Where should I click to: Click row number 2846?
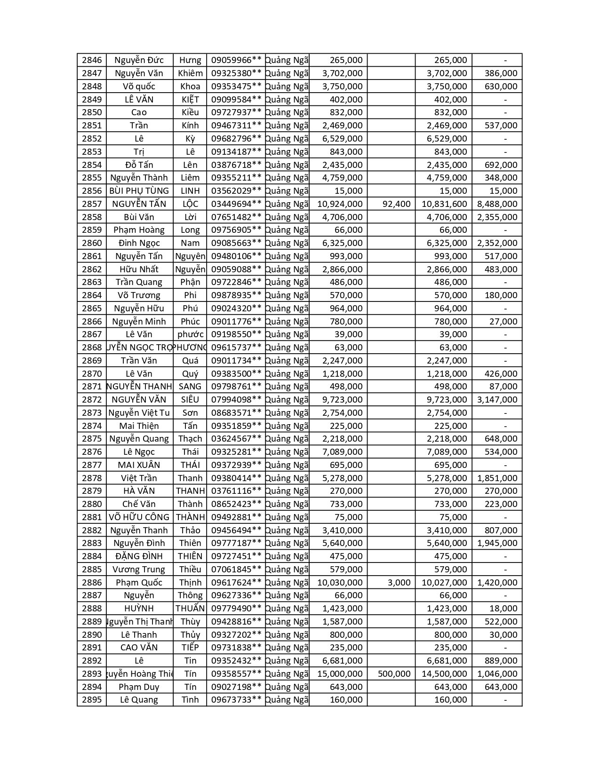(92, 60)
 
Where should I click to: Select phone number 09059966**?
(236, 60)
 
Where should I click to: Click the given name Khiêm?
(190, 73)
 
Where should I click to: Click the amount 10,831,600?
(444, 204)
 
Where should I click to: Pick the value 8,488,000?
(497, 204)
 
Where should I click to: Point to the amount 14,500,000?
(444, 674)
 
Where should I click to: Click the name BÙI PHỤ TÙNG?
(139, 191)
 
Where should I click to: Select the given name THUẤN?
(190, 609)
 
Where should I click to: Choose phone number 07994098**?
(236, 400)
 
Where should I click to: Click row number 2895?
(92, 700)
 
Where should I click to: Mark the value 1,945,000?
(497, 543)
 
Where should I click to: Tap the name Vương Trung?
(139, 570)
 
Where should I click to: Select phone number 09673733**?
(236, 700)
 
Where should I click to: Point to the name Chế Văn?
(139, 504)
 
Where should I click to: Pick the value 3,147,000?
(497, 400)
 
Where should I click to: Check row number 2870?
(92, 374)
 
